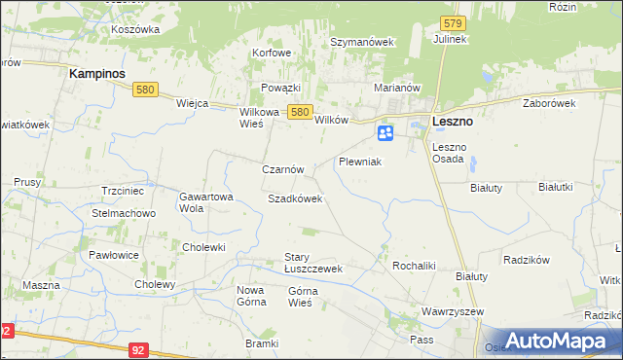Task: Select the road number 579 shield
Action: [451, 22]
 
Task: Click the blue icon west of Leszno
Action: [385, 132]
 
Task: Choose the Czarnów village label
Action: [283, 168]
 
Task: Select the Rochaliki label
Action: [413, 265]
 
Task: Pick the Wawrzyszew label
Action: [453, 311]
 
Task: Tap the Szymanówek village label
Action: [361, 43]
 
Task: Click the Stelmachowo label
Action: [124, 212]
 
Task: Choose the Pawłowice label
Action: [114, 255]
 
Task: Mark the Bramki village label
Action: [262, 344]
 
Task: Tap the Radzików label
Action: [527, 260]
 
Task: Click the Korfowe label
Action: [272, 53]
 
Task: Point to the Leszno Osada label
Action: [450, 153]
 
